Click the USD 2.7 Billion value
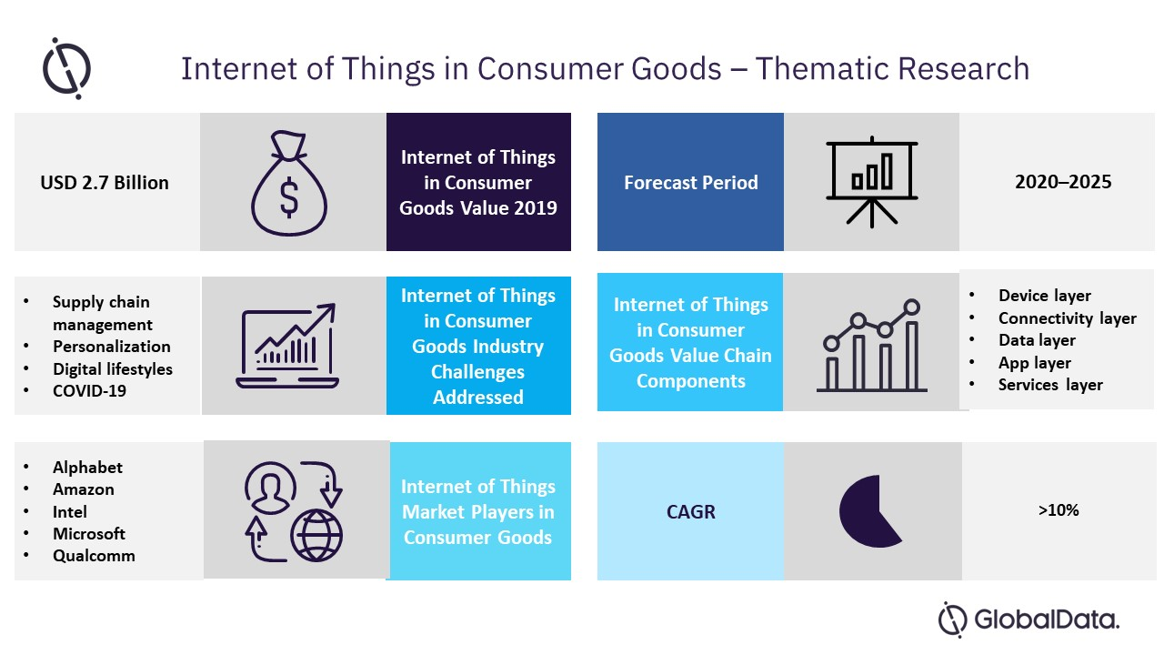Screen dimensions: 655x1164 [105, 183]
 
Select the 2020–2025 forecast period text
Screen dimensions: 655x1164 [1063, 182]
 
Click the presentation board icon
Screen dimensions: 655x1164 [871, 182]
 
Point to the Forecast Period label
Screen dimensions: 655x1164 [690, 183]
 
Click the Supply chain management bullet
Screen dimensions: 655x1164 [101, 313]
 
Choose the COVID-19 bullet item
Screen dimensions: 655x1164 [89, 391]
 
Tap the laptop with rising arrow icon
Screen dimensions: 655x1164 [287, 347]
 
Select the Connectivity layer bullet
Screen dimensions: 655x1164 [1067, 318]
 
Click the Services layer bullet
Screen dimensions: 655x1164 [1050, 385]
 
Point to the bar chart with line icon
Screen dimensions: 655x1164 [871, 346]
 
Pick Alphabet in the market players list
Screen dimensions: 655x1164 [87, 468]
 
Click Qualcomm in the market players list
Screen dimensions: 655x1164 [94, 556]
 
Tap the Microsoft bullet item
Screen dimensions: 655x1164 [89, 534]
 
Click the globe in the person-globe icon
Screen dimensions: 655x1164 [316, 534]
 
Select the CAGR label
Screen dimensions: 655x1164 [690, 511]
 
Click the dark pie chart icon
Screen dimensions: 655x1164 [868, 511]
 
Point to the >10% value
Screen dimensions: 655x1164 [1058, 510]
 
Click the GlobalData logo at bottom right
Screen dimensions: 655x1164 [1029, 620]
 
